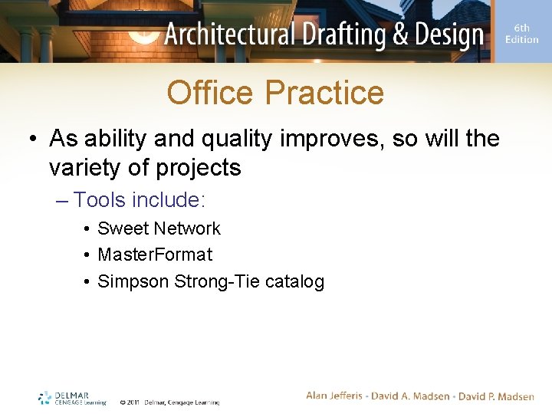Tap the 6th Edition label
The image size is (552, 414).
(521, 34)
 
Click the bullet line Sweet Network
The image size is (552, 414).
(159, 228)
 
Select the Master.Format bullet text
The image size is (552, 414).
(155, 255)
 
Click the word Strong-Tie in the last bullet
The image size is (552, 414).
(217, 281)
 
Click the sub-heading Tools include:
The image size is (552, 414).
(139, 200)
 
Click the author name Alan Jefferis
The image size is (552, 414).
(338, 396)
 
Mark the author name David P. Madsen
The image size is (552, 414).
(497, 396)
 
